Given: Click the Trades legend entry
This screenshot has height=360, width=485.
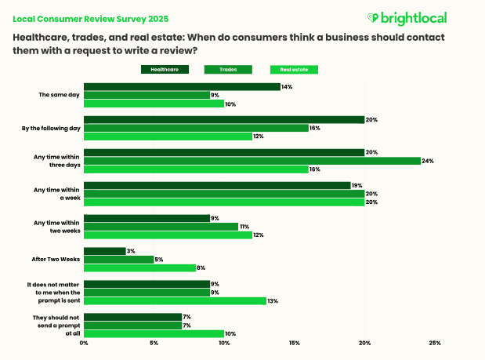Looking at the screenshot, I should point(230,70).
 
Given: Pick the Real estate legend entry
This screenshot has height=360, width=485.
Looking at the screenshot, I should point(294,70).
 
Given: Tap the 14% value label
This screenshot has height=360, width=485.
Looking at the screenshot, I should point(288,86).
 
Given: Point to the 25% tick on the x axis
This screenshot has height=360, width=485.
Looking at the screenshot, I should point(435,343).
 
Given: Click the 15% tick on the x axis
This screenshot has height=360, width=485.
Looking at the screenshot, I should point(295,343).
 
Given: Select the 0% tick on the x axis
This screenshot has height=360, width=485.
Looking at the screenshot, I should point(84,343).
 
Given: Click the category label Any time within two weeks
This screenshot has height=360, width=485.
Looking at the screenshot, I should point(56,226).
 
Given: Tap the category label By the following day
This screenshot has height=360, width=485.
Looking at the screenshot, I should point(52,128).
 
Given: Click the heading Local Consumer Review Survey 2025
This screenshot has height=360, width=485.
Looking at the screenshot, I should point(91,17).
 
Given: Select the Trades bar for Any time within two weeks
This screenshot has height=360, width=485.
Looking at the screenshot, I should point(161,226).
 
